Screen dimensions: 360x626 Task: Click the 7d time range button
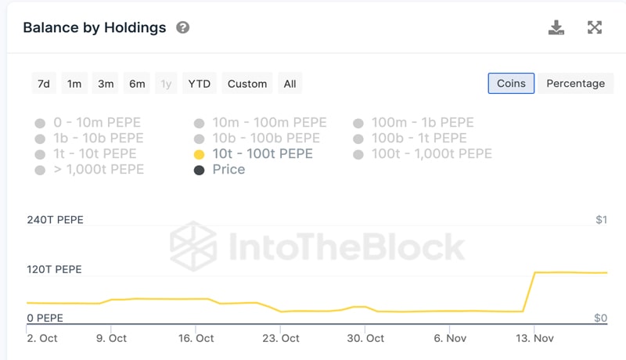43,84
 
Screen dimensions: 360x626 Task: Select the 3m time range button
106,84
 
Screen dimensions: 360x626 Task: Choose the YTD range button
199,84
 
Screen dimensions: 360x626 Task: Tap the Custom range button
247,84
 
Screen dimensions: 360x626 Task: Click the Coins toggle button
511,84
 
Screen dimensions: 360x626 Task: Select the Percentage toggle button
575,84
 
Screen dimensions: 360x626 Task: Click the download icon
556,28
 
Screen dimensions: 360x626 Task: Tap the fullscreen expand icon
595,28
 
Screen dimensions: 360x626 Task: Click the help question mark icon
183,28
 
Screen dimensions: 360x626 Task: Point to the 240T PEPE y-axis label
54,220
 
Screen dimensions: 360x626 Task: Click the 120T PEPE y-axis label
54,270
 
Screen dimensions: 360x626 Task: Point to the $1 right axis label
600,220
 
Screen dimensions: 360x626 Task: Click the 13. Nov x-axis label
534,338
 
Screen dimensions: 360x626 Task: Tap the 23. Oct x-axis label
279,338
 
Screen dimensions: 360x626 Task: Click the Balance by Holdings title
95,28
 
